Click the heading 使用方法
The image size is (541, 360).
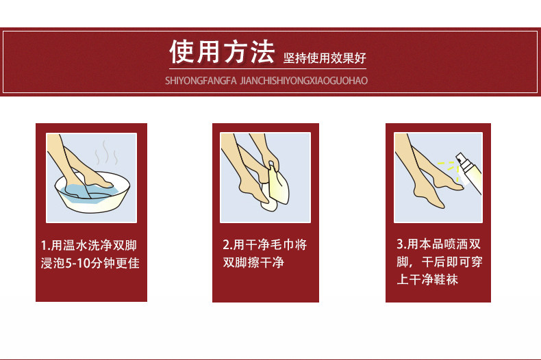click(222, 52)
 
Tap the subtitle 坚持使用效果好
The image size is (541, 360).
click(325, 58)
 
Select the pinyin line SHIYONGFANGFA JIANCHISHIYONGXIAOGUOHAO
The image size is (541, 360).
click(266, 81)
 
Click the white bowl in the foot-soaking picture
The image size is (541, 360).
click(92, 193)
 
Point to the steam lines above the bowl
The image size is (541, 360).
click(106, 152)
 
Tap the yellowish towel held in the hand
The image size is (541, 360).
click(278, 185)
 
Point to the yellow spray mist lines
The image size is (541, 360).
click(449, 170)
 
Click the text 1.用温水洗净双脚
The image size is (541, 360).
click(89, 246)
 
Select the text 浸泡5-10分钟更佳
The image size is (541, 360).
click(90, 263)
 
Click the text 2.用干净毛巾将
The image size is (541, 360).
click(264, 244)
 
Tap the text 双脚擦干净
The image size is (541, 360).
click(253, 262)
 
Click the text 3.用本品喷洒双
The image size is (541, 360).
click(438, 244)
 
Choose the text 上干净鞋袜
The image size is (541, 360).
click(427, 279)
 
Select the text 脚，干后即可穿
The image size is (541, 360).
click(440, 261)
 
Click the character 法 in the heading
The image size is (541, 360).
click(262, 52)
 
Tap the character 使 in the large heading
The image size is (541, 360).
click(181, 52)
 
